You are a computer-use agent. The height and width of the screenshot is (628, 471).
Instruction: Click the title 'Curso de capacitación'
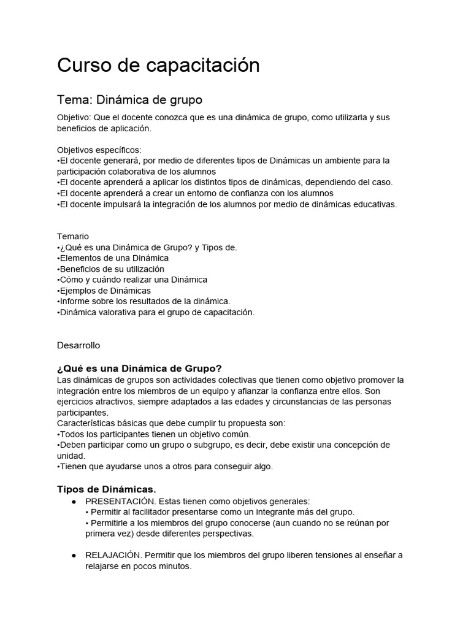[158, 65]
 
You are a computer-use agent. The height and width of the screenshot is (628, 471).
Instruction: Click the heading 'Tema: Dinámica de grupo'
[129, 99]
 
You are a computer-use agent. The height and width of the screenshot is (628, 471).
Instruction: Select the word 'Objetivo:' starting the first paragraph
[75, 117]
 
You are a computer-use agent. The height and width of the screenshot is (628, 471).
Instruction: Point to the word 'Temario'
[73, 236]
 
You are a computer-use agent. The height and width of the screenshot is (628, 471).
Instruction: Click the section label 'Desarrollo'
[78, 345]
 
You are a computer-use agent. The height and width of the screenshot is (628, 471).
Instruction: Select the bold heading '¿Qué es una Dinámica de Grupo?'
[139, 368]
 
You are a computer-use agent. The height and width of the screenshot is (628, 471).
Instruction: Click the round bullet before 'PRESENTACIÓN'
[73, 502]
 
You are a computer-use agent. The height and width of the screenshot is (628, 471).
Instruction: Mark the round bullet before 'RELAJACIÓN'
[73, 556]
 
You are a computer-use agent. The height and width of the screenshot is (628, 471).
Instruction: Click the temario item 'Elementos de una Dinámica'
[113, 258]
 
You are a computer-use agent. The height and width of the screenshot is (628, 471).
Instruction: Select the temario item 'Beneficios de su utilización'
[112, 269]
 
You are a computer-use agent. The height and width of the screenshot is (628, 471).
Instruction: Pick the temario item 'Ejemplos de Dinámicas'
[105, 291]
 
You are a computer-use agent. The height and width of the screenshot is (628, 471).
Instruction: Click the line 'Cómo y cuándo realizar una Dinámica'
[132, 280]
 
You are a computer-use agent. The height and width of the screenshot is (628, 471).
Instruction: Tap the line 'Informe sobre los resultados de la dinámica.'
[144, 301]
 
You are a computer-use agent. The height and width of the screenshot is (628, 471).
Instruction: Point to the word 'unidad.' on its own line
[71, 456]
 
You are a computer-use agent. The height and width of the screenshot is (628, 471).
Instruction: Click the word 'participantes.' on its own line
[82, 413]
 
